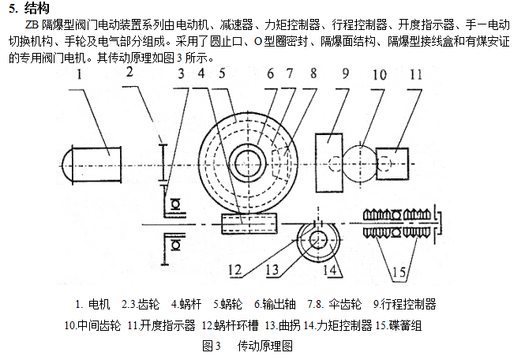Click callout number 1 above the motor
pos(79,77)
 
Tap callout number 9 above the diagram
pos(344,77)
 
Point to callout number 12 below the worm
pos(234,268)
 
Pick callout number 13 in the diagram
pos(273,269)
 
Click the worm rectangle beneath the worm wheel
pos(249,224)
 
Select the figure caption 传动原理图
pos(264,346)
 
